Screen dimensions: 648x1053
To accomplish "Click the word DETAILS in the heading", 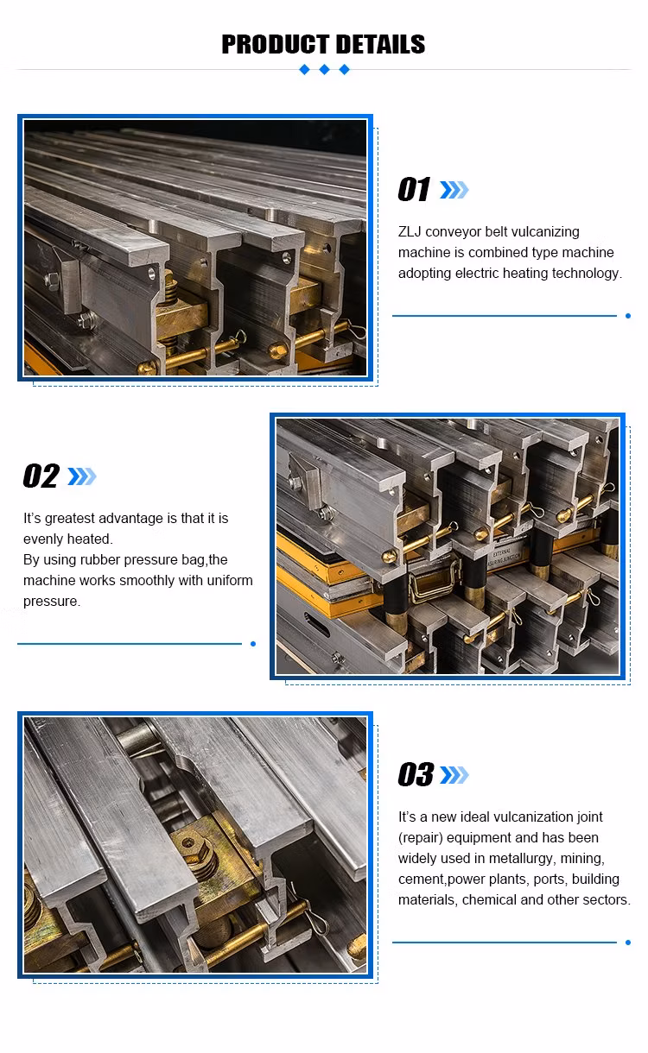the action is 381,45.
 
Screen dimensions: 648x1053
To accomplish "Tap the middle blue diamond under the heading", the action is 324,70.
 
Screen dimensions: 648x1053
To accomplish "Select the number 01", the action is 414,189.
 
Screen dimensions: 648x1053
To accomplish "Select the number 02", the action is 41,476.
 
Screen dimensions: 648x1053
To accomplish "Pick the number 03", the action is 416,775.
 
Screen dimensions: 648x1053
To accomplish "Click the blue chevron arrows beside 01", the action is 454,190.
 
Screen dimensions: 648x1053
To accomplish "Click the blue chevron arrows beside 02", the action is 82,476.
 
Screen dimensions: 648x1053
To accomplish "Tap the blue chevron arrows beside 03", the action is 454,775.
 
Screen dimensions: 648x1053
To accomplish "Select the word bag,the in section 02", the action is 205,560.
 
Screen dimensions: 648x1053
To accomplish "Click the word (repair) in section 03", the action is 420,838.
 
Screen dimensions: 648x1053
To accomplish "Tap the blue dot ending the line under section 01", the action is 628,316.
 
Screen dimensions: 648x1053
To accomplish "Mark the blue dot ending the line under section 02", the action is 253,644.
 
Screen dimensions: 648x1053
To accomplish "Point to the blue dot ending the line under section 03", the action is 628,942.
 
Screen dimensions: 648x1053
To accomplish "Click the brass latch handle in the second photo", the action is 432,581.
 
